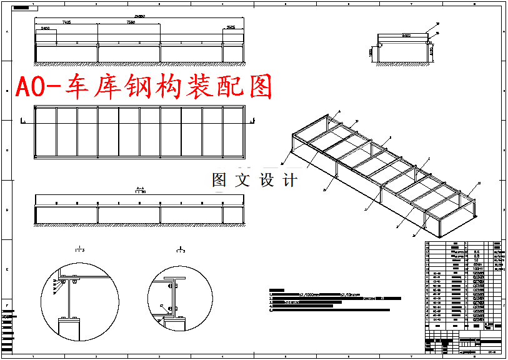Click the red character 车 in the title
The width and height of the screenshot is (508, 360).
pyautogui.click(x=79, y=87)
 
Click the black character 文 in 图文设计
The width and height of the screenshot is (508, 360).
pyautogui.click(x=241, y=180)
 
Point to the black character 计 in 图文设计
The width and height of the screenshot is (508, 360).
pyautogui.click(x=289, y=180)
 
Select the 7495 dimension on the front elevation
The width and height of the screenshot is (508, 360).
pyautogui.click(x=66, y=22)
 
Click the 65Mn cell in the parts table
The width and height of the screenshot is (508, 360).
pyautogui.click(x=479, y=264)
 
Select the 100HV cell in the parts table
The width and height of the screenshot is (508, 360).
pyautogui.click(x=479, y=269)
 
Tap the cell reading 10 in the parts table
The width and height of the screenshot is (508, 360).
pyautogui.click(x=477, y=260)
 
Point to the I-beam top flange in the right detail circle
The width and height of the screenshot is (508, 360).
pyautogui.click(x=176, y=277)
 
